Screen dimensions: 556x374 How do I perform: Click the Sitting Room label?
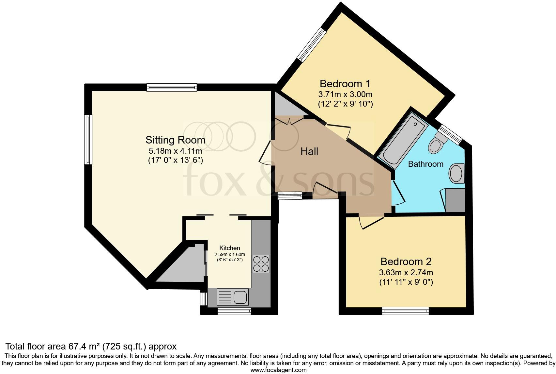[175, 140]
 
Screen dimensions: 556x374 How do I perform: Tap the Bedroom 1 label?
[345, 84]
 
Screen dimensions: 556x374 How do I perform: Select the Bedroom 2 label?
[406, 262]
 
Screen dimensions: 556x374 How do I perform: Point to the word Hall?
[309, 151]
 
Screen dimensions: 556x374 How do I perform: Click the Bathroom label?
[426, 164]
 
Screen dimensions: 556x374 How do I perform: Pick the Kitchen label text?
[230, 248]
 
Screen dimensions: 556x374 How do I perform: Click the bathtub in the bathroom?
[403, 141]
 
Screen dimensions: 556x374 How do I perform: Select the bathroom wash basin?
[456, 173]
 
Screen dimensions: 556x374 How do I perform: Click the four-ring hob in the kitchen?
[261, 264]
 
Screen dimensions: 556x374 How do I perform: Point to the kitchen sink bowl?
[240, 297]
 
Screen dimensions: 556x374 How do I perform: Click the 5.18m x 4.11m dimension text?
[175, 151]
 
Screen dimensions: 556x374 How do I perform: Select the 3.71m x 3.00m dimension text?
[345, 94]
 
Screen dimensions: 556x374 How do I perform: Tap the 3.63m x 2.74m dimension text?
[406, 273]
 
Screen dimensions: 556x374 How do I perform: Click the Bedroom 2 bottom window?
[405, 311]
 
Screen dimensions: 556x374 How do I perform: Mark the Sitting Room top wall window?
[172, 88]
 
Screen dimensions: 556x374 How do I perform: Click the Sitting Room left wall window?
[88, 140]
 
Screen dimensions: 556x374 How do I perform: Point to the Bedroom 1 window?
[312, 45]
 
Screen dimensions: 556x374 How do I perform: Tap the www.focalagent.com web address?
[279, 370]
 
